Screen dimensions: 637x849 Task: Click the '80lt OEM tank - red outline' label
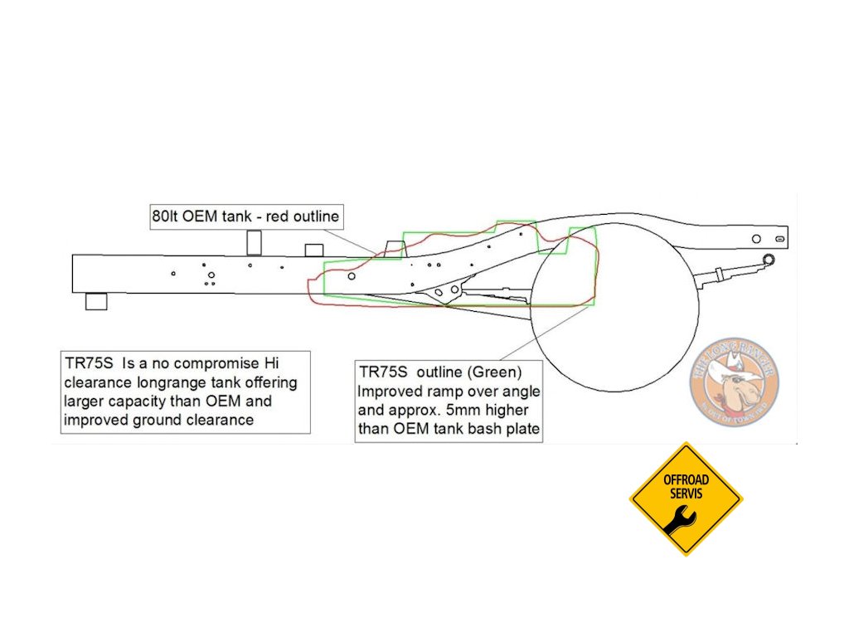pos(245,217)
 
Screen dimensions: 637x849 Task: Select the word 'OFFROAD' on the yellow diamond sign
pos(686,479)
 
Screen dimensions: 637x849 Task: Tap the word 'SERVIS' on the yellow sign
pos(686,493)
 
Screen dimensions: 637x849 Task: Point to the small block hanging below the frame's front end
pos(96,300)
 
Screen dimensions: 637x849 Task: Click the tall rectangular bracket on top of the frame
pos(255,241)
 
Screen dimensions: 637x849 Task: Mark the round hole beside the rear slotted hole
pos(756,239)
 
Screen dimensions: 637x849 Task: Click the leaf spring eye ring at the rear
pos(769,260)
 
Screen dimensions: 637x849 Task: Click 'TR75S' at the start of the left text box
pos(90,363)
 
